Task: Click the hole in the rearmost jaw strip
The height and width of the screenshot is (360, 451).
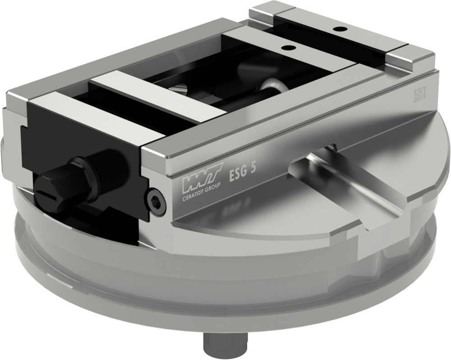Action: click(x=339, y=29)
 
